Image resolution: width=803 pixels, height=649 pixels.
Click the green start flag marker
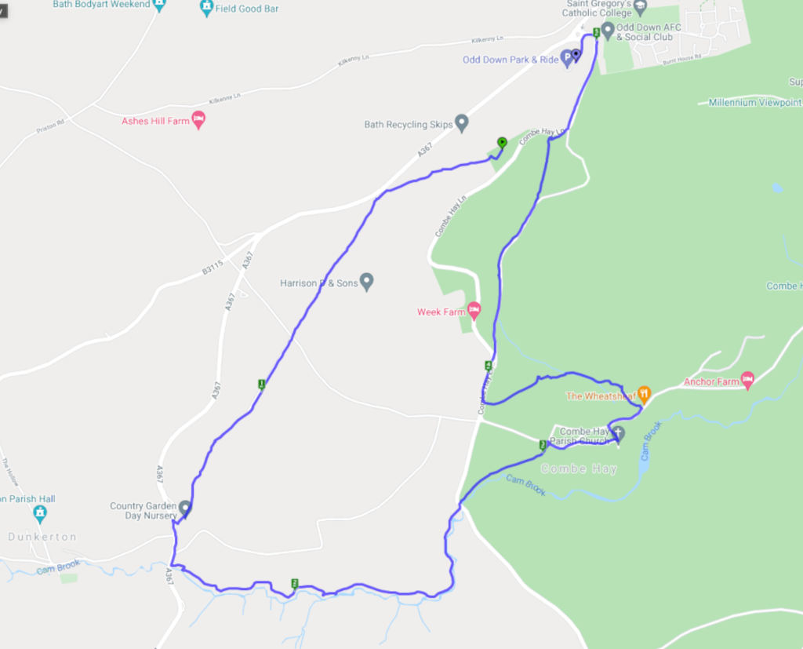pos(502,142)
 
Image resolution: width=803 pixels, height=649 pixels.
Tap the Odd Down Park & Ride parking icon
pos(567,60)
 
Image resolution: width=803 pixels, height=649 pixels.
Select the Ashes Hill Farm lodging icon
pos(198,120)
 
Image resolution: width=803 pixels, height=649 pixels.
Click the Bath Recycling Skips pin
pos(461,122)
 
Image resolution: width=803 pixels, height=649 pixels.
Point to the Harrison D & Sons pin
pos(366,281)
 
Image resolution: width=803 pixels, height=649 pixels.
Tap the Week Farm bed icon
pos(474,311)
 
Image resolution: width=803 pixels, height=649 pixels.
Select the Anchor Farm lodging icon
pos(747,381)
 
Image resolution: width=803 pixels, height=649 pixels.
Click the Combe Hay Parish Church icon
pos(618,433)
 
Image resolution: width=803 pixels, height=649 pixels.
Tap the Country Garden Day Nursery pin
pos(185,509)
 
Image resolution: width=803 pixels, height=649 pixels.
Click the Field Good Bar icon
pos(206,7)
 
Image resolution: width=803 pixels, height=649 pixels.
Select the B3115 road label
pos(213,267)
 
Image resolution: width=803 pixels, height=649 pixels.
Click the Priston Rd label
pos(50,126)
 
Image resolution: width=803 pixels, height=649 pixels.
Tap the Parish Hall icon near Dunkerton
pos(40,513)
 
